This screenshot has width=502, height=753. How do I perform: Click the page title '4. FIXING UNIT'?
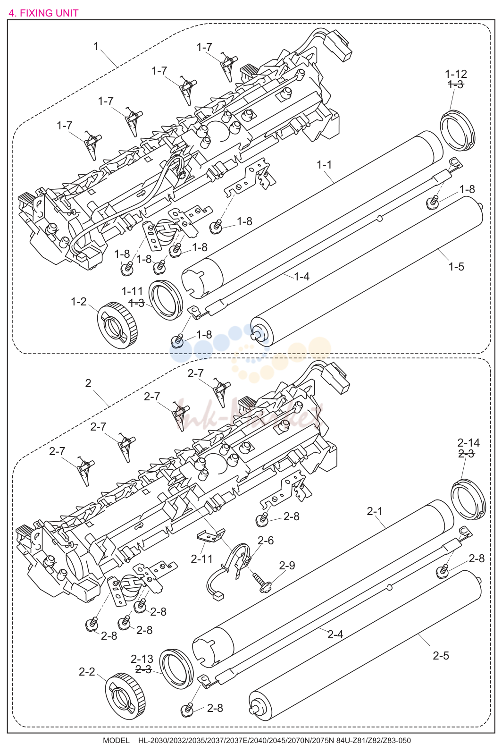click(43, 13)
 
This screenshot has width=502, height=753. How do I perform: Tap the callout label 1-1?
click(324, 165)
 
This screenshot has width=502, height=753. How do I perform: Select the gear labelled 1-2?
click(117, 325)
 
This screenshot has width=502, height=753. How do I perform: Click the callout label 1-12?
click(456, 74)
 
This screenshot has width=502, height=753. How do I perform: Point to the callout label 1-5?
click(456, 267)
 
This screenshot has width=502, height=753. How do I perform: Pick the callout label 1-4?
click(301, 276)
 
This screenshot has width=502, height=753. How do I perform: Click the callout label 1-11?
click(132, 291)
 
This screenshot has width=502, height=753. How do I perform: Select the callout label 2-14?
click(469, 443)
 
